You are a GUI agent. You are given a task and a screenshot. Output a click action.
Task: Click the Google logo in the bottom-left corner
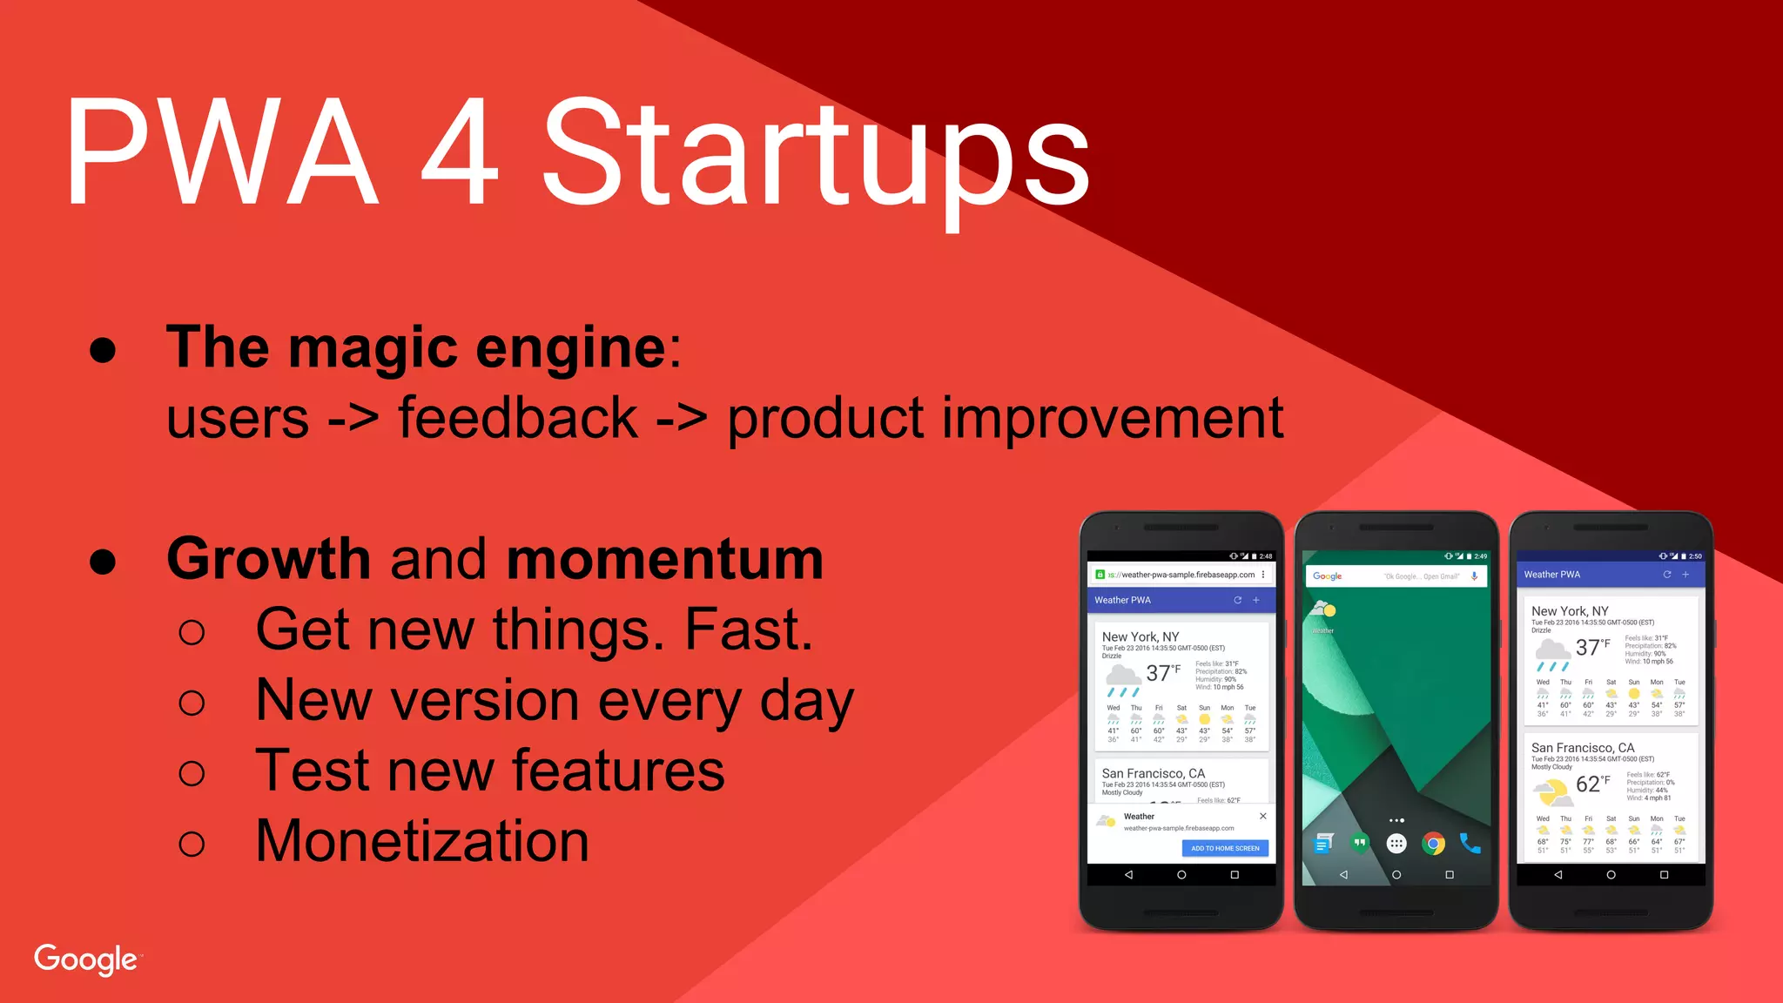point(85,959)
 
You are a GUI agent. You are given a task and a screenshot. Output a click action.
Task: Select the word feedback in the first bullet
point(518,418)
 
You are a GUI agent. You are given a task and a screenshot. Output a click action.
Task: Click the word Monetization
point(422,841)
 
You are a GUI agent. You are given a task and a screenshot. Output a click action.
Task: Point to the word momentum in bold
point(665,559)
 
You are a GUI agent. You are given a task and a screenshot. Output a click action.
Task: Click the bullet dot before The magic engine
point(103,350)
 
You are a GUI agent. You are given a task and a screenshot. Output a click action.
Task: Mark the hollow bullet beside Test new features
point(192,773)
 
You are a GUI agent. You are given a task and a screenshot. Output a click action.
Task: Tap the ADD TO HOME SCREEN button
point(1225,848)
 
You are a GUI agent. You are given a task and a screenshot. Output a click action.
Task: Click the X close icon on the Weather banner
point(1262,816)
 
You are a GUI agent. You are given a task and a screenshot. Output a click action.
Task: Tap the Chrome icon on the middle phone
point(1433,843)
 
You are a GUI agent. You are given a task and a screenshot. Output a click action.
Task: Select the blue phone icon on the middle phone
point(1470,843)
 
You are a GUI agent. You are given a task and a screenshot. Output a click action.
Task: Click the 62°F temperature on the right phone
point(1591,784)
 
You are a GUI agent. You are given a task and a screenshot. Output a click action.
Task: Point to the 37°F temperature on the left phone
point(1162,673)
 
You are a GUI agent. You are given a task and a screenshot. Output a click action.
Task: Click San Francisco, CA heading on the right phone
point(1582,747)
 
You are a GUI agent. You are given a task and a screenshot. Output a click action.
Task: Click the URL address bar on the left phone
point(1181,575)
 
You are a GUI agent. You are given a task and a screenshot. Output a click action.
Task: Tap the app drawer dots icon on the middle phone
point(1396,843)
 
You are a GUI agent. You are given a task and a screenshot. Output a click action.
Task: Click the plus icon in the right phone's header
point(1685,575)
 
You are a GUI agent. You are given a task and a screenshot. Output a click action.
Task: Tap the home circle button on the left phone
point(1181,875)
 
